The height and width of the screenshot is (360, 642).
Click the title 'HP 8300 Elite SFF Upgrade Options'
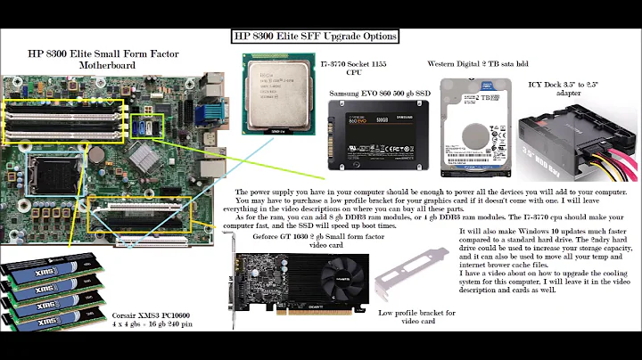click(315, 37)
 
